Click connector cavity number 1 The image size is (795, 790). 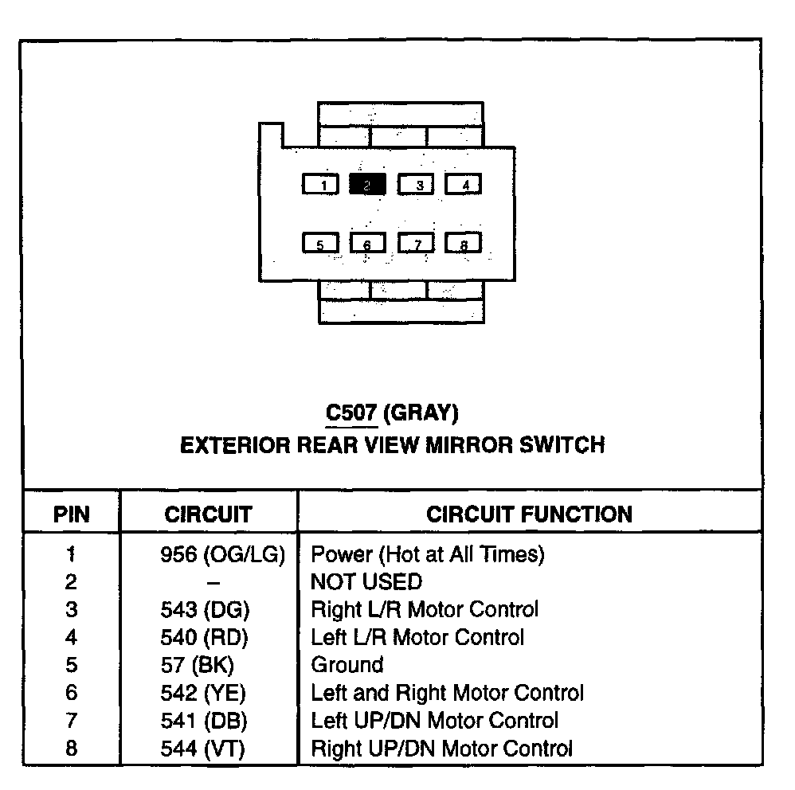point(320,185)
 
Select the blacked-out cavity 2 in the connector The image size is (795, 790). point(367,185)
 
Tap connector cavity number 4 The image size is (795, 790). point(463,185)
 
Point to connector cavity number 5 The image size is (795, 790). point(320,243)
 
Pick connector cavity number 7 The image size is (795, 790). point(415,243)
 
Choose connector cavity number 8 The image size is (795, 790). point(463,243)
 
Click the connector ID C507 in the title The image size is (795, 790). point(351,413)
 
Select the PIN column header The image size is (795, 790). point(71,514)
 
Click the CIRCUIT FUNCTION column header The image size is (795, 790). point(529,514)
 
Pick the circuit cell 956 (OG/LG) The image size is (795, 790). point(222,554)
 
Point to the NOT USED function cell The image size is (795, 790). point(366,582)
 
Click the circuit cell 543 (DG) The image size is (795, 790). point(205,610)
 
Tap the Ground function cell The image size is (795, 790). point(347,665)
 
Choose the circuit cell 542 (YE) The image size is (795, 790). point(203,693)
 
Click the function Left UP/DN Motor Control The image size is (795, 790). point(434,721)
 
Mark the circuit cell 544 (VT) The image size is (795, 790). point(203,749)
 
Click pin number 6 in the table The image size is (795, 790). point(71,693)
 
